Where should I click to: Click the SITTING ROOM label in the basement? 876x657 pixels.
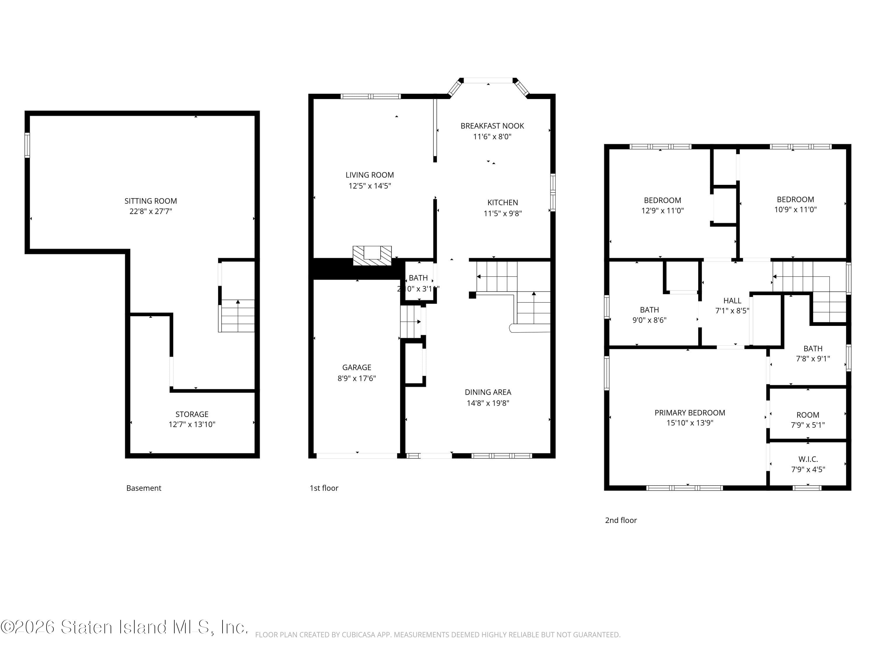coord(150,201)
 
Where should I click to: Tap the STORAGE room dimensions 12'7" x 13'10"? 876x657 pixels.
coord(192,425)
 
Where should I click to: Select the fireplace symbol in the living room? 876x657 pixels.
coord(372,255)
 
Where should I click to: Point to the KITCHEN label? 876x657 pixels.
coord(503,202)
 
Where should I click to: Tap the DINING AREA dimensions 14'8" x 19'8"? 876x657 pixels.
coord(488,403)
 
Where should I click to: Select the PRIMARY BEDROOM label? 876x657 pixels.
coord(689,413)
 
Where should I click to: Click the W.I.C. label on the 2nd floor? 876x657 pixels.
coord(808,459)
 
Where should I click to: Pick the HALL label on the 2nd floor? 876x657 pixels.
coord(732,300)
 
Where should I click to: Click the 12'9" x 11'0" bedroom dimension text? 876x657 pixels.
coord(662,211)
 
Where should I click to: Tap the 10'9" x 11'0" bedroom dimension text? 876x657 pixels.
coord(795,209)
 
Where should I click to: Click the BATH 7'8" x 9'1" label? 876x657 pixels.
coord(813,348)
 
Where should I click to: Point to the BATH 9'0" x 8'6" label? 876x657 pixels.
coord(649,310)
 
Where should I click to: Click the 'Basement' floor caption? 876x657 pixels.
coord(143,488)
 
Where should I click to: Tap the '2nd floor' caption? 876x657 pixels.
coord(620,520)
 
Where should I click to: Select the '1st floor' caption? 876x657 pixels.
coord(324,488)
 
